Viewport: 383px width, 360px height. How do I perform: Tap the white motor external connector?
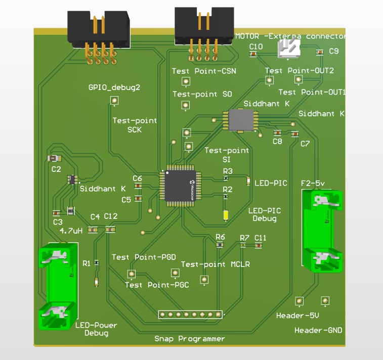pos(288,49)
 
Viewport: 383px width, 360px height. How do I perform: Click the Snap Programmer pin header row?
pos(190,314)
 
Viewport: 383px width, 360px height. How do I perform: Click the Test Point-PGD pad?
pos(132,274)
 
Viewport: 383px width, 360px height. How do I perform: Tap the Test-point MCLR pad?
pos(204,279)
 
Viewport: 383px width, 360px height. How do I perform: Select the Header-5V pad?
pos(300,301)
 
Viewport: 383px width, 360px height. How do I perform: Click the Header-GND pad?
pos(324,301)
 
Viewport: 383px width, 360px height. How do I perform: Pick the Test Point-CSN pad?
pos(186,81)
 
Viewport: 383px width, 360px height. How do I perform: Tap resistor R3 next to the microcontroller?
pos(226,178)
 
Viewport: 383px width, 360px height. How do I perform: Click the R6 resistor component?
pos(220,245)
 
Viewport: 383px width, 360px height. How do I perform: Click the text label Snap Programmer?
pos(189,339)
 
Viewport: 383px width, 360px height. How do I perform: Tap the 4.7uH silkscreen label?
pos(71,231)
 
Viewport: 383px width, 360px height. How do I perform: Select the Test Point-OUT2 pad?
pos(269,80)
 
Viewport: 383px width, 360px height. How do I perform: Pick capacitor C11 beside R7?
pos(259,245)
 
